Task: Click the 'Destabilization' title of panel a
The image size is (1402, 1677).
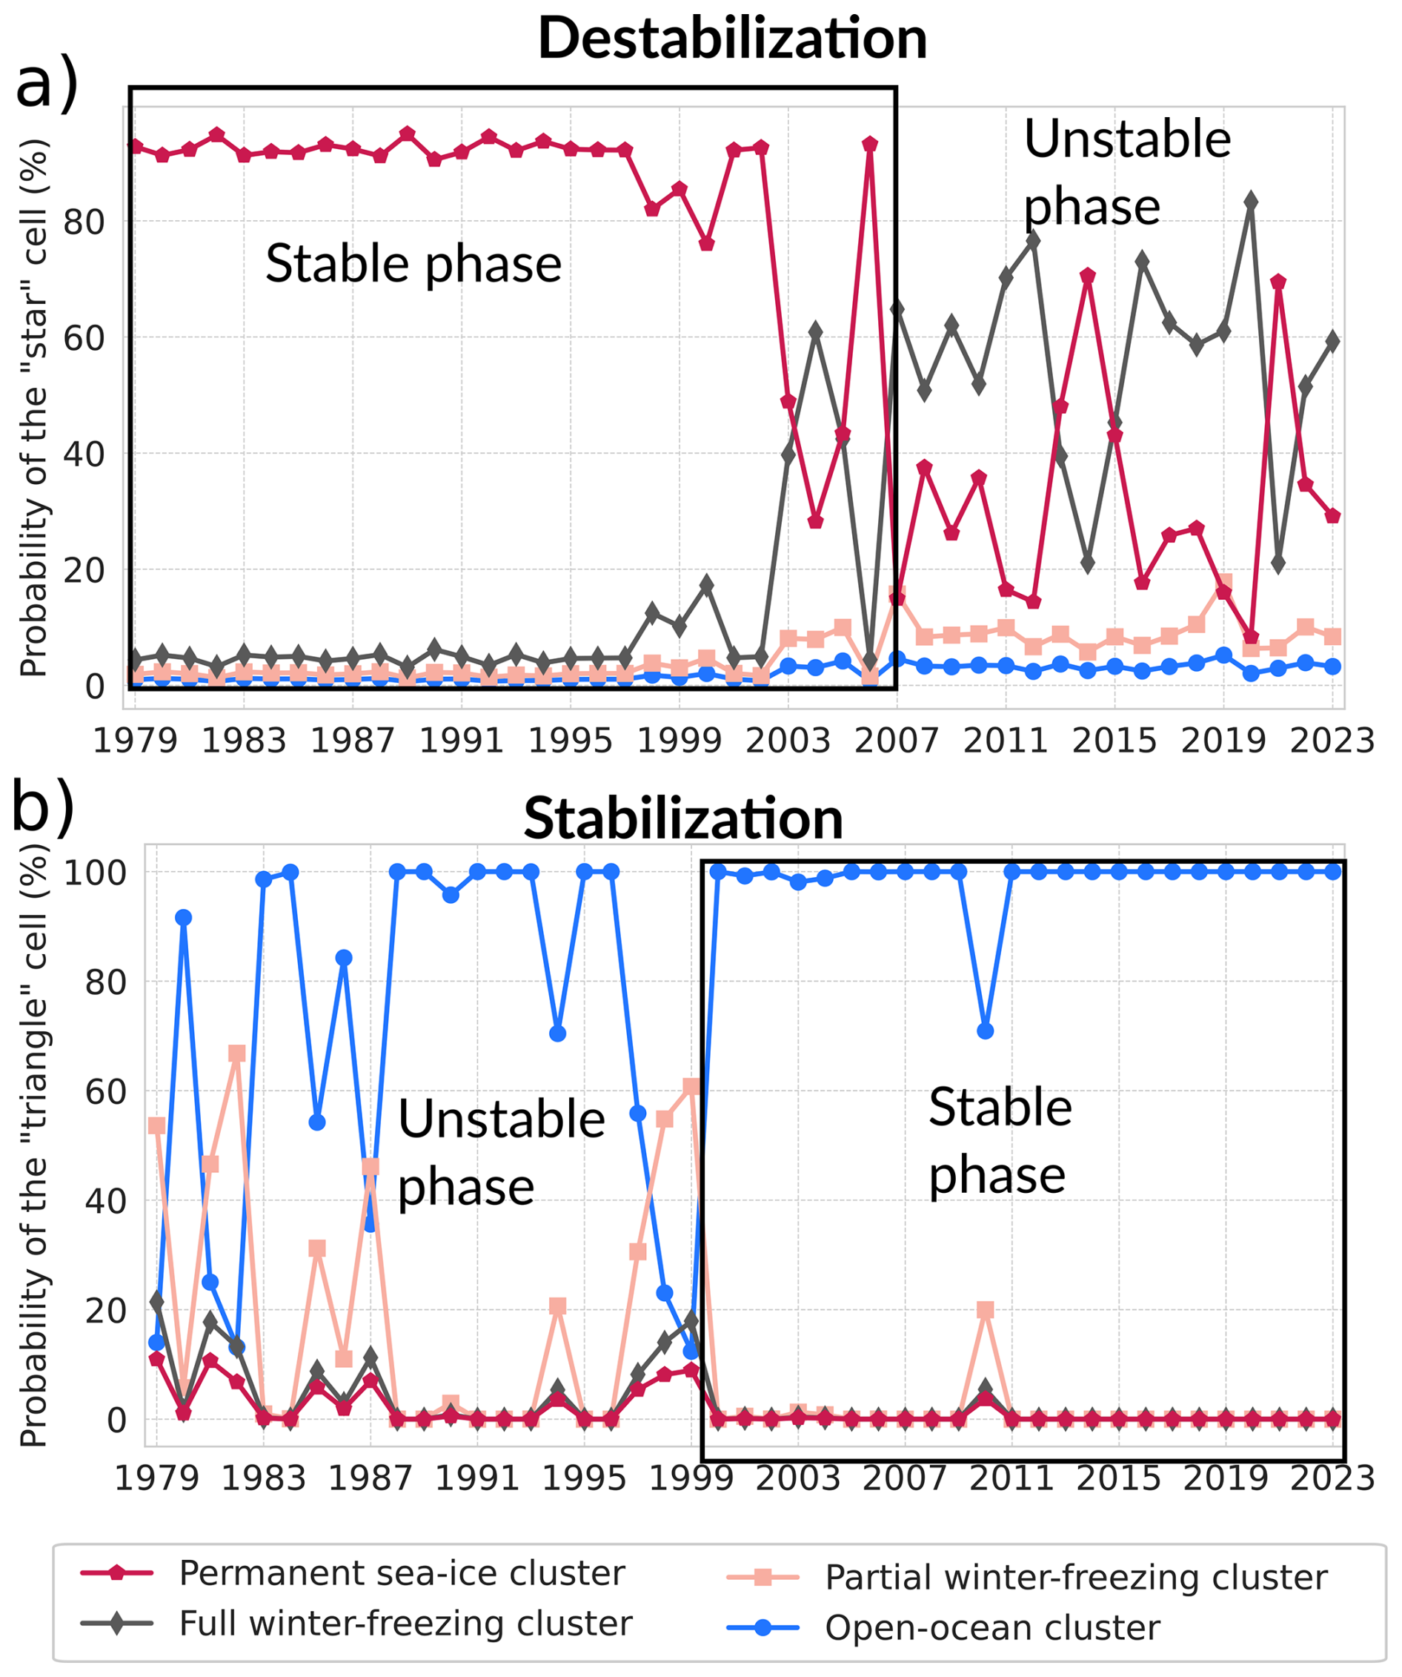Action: [x=732, y=39]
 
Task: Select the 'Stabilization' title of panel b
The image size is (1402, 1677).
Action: [x=683, y=818]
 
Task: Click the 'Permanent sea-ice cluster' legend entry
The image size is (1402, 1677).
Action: [x=402, y=1573]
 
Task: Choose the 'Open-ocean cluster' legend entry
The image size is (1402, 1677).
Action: [x=992, y=1627]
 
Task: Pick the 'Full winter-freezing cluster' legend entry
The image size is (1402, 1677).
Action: [x=405, y=1623]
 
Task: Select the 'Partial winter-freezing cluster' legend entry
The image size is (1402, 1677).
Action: [x=1076, y=1577]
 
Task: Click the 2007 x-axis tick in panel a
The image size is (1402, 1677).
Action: [x=897, y=741]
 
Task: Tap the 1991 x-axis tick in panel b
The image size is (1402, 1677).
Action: [x=477, y=1478]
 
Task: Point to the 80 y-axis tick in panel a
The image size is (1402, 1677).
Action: [x=84, y=222]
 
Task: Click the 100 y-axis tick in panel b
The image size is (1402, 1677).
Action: [x=95, y=873]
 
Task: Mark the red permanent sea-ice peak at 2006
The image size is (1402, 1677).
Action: [x=870, y=145]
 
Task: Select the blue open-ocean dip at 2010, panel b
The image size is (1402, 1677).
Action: [x=986, y=1031]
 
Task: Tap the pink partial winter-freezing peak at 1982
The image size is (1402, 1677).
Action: [x=237, y=1054]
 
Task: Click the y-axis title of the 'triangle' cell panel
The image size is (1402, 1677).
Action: [x=33, y=1151]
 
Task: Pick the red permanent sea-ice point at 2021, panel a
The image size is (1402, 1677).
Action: [x=1278, y=282]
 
